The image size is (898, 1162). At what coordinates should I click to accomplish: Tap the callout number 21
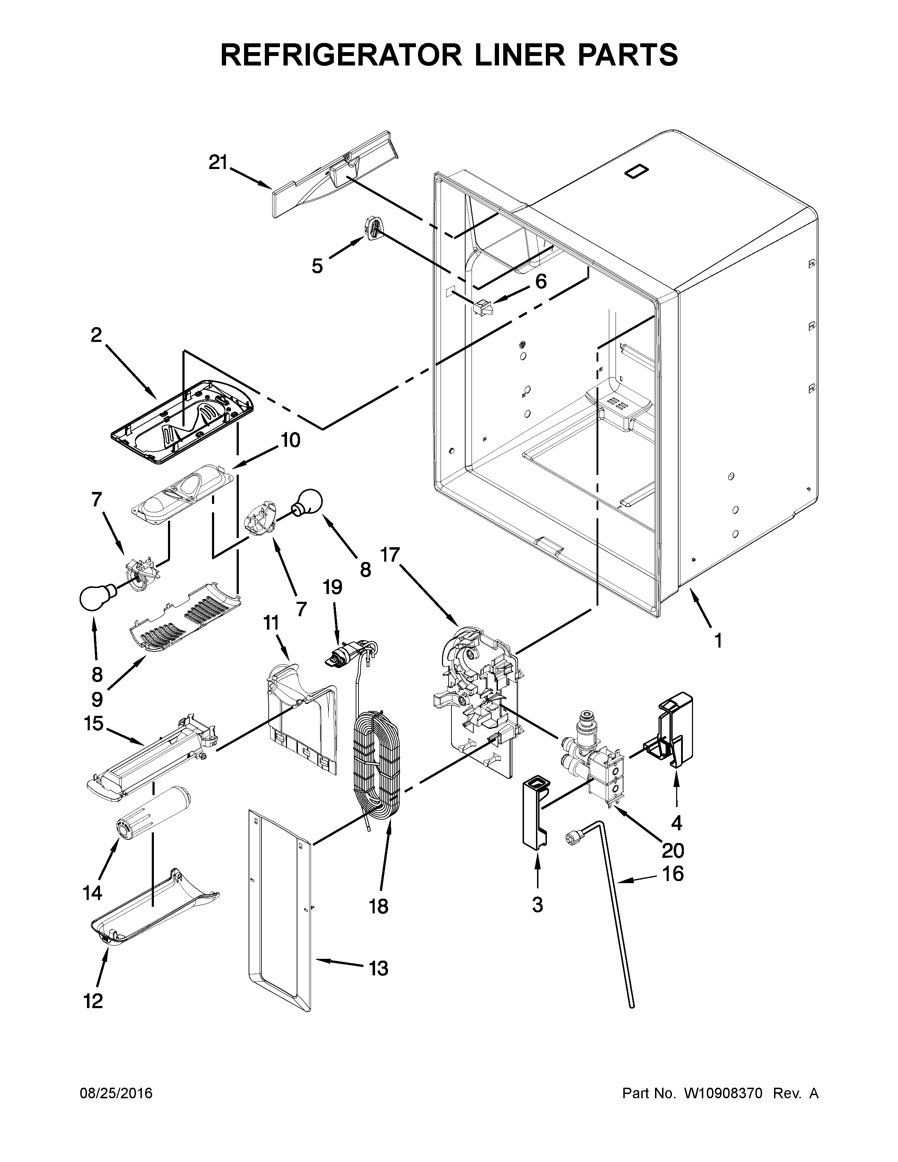coord(218,162)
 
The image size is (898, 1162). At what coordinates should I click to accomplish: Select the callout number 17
coord(389,555)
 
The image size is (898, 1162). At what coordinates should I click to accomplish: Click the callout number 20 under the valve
coord(672,851)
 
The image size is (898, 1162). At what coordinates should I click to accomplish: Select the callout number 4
coord(676,823)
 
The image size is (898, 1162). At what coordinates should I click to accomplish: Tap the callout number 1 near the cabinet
coord(718,641)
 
